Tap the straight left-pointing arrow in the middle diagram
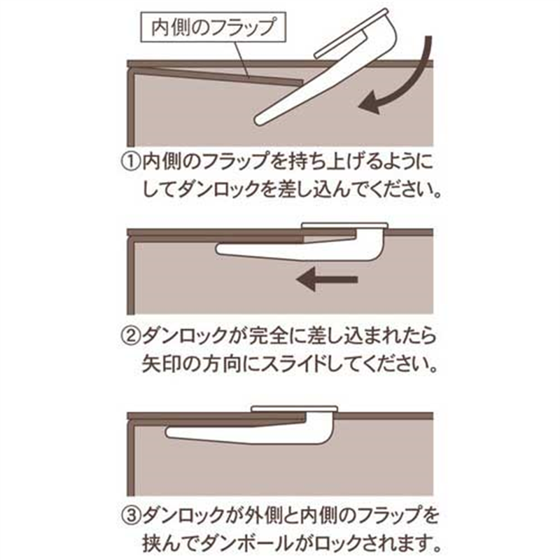(x=326, y=280)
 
